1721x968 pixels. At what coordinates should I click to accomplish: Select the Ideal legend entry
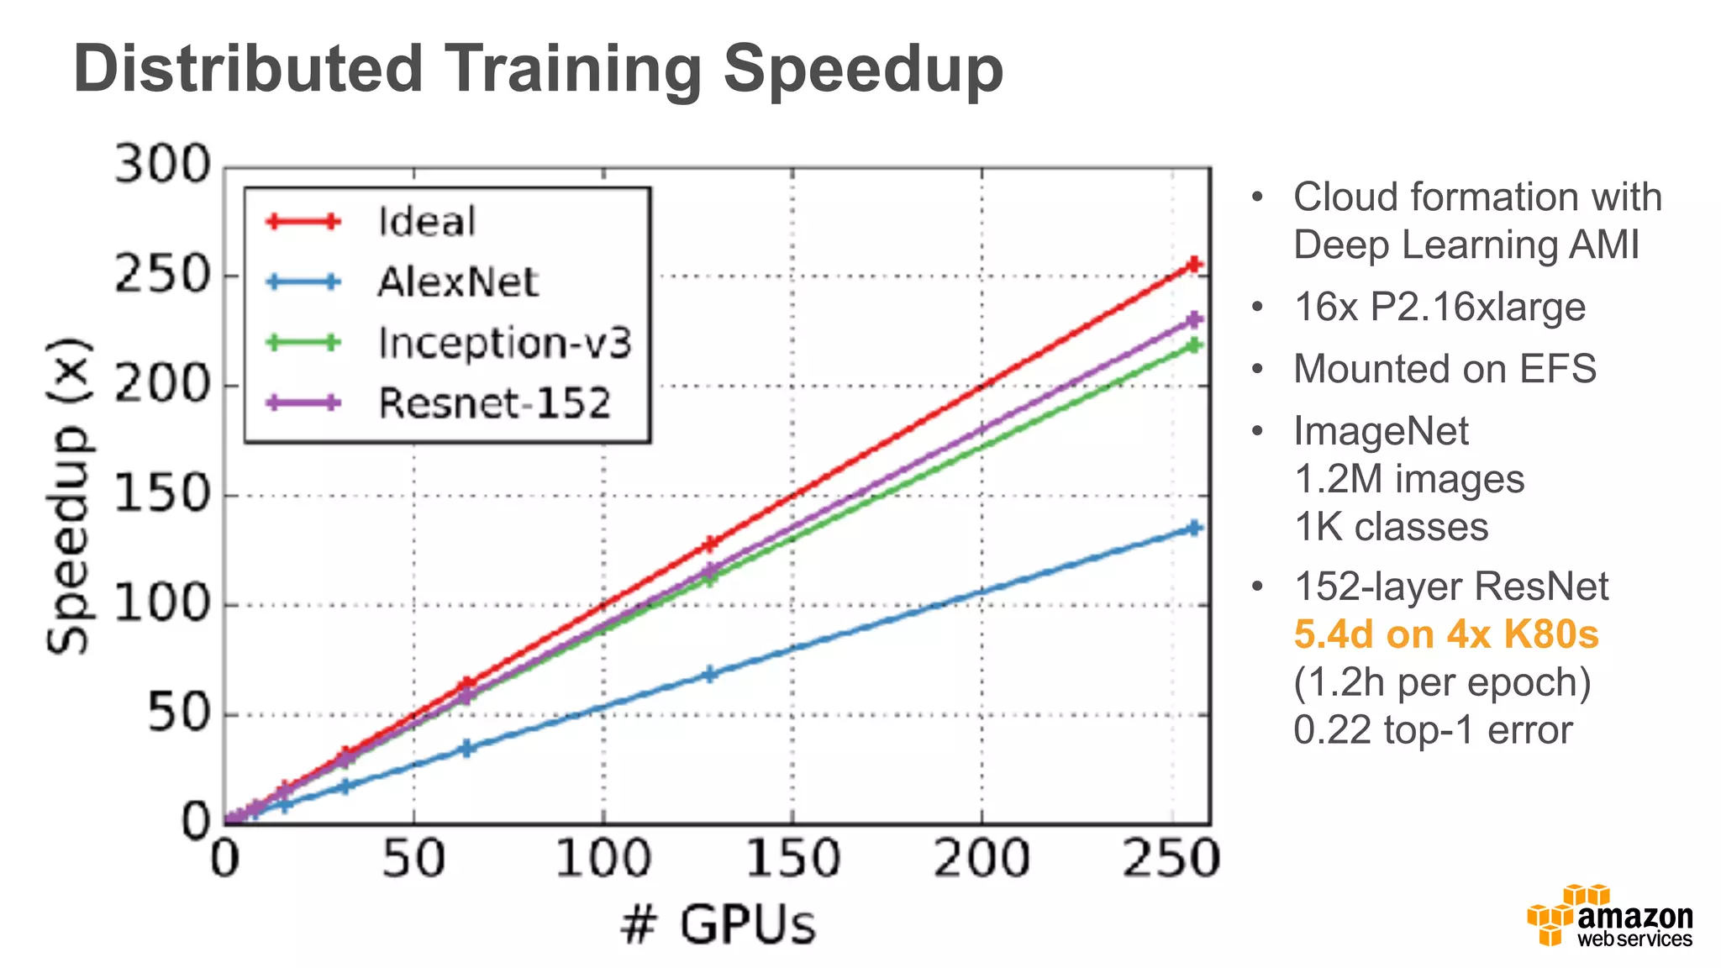[426, 222]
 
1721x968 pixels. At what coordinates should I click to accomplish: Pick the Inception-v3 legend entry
[503, 343]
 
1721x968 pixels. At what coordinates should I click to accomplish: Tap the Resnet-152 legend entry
[493, 403]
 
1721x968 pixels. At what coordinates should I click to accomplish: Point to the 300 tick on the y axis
[162, 165]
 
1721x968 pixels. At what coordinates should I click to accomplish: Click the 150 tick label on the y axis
[162, 494]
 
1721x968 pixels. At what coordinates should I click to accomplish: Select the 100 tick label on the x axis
[603, 859]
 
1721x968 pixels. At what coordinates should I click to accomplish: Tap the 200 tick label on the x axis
[981, 859]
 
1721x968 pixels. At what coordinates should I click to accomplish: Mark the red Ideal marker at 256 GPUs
[1193, 265]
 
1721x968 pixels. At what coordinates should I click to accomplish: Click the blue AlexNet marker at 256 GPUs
[1193, 528]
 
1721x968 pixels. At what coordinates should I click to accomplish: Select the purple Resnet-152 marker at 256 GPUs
[1193, 319]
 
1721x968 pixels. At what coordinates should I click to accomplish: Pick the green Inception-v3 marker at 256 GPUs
[1193, 345]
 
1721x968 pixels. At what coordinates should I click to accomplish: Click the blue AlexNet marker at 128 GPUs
[709, 674]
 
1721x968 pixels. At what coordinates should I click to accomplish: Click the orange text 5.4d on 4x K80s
[1445, 634]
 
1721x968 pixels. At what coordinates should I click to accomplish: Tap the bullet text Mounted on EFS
[1444, 369]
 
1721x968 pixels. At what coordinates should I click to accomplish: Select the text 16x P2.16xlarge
[1439, 307]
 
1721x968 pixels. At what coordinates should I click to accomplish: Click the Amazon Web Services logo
[1609, 916]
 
